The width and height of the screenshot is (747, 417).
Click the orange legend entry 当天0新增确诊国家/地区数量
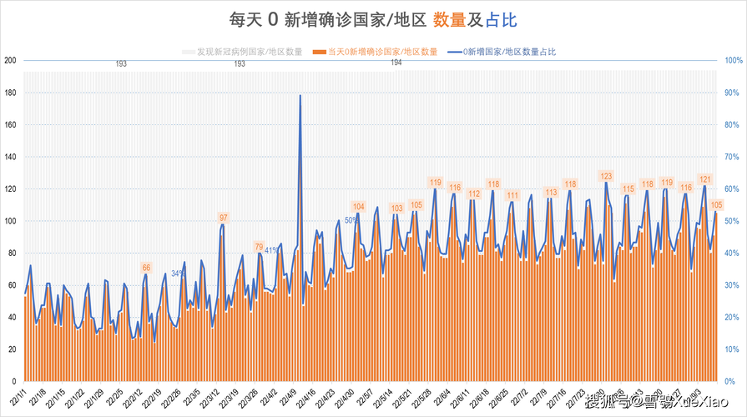coord(379,52)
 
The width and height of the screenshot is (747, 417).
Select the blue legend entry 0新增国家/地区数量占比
coord(502,52)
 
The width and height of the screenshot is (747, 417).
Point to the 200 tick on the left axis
coord(11,60)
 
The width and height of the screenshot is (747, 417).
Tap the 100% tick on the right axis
coord(733,60)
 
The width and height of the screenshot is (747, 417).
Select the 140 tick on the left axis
coord(11,157)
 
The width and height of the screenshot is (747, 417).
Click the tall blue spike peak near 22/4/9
coord(300,96)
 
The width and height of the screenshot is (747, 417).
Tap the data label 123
coord(607,176)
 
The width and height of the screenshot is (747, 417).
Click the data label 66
coord(146,268)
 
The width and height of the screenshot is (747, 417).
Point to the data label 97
coord(223,218)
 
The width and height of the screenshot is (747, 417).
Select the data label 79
coord(259,247)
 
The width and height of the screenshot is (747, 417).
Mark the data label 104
coord(359,206)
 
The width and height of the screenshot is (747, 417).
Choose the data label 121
coord(704,179)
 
